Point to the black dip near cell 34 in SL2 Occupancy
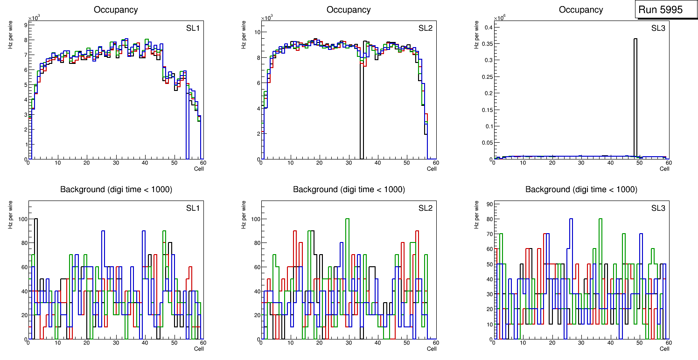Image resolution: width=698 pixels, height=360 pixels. (x=362, y=112)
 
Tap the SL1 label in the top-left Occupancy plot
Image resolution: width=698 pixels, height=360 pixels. (x=193, y=28)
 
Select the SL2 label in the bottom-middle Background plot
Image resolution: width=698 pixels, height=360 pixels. (x=426, y=208)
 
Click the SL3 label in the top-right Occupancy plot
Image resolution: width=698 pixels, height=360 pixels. (x=658, y=28)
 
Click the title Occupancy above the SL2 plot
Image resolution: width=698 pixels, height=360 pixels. (x=349, y=10)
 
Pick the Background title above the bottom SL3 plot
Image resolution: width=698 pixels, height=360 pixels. (x=581, y=189)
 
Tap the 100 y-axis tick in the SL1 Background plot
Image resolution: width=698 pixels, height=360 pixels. (x=21, y=219)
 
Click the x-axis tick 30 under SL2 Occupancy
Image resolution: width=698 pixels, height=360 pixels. (x=348, y=163)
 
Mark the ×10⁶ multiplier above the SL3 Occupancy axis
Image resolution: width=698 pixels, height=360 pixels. (x=499, y=18)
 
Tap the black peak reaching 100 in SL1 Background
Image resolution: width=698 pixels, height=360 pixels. (x=36, y=219)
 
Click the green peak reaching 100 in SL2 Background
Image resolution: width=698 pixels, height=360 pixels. (x=347, y=219)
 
